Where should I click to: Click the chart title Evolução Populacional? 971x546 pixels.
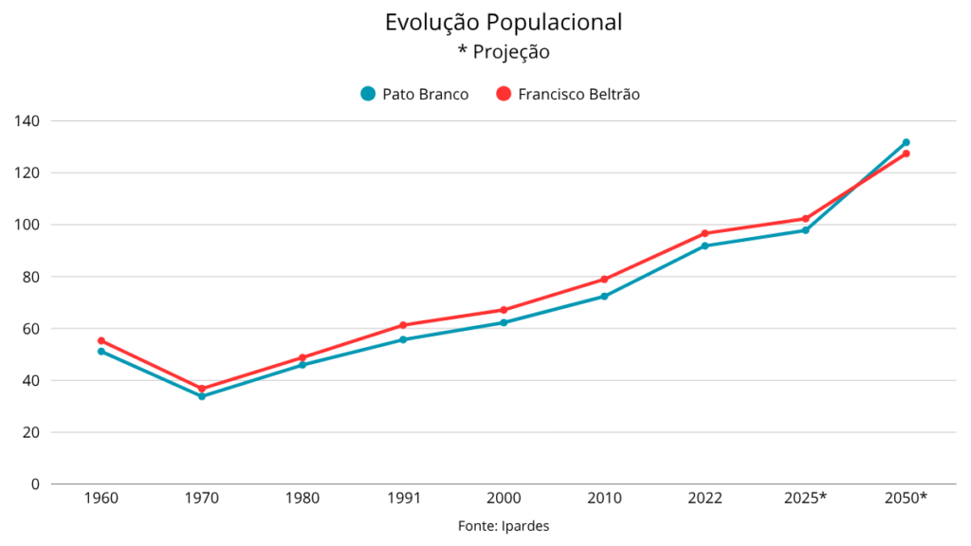pyautogui.click(x=504, y=23)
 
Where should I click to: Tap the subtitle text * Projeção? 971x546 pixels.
pyautogui.click(x=504, y=51)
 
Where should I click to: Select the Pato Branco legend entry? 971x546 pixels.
pyautogui.click(x=414, y=94)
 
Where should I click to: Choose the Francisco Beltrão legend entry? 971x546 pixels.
pyautogui.click(x=568, y=94)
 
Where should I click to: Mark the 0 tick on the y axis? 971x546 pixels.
pyautogui.click(x=35, y=484)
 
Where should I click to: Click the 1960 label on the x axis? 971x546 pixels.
pyautogui.click(x=101, y=499)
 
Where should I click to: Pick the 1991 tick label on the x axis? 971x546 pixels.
pyautogui.click(x=403, y=499)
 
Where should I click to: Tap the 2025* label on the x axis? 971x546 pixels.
pyautogui.click(x=806, y=499)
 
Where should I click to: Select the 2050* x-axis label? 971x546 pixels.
pyautogui.click(x=907, y=499)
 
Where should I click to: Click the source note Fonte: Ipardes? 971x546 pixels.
pyautogui.click(x=504, y=526)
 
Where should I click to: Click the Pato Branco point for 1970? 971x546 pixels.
pyautogui.click(x=202, y=396)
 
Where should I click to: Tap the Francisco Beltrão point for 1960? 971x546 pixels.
pyautogui.click(x=101, y=341)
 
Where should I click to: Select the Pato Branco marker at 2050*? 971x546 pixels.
pyautogui.click(x=907, y=142)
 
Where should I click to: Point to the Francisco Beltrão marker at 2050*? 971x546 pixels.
pyautogui.click(x=907, y=154)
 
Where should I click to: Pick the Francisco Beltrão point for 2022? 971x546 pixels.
pyautogui.click(x=705, y=233)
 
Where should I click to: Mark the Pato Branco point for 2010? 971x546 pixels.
pyautogui.click(x=604, y=297)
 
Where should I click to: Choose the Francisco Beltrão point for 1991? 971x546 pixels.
pyautogui.click(x=403, y=325)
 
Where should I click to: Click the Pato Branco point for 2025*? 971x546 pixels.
pyautogui.click(x=806, y=230)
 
